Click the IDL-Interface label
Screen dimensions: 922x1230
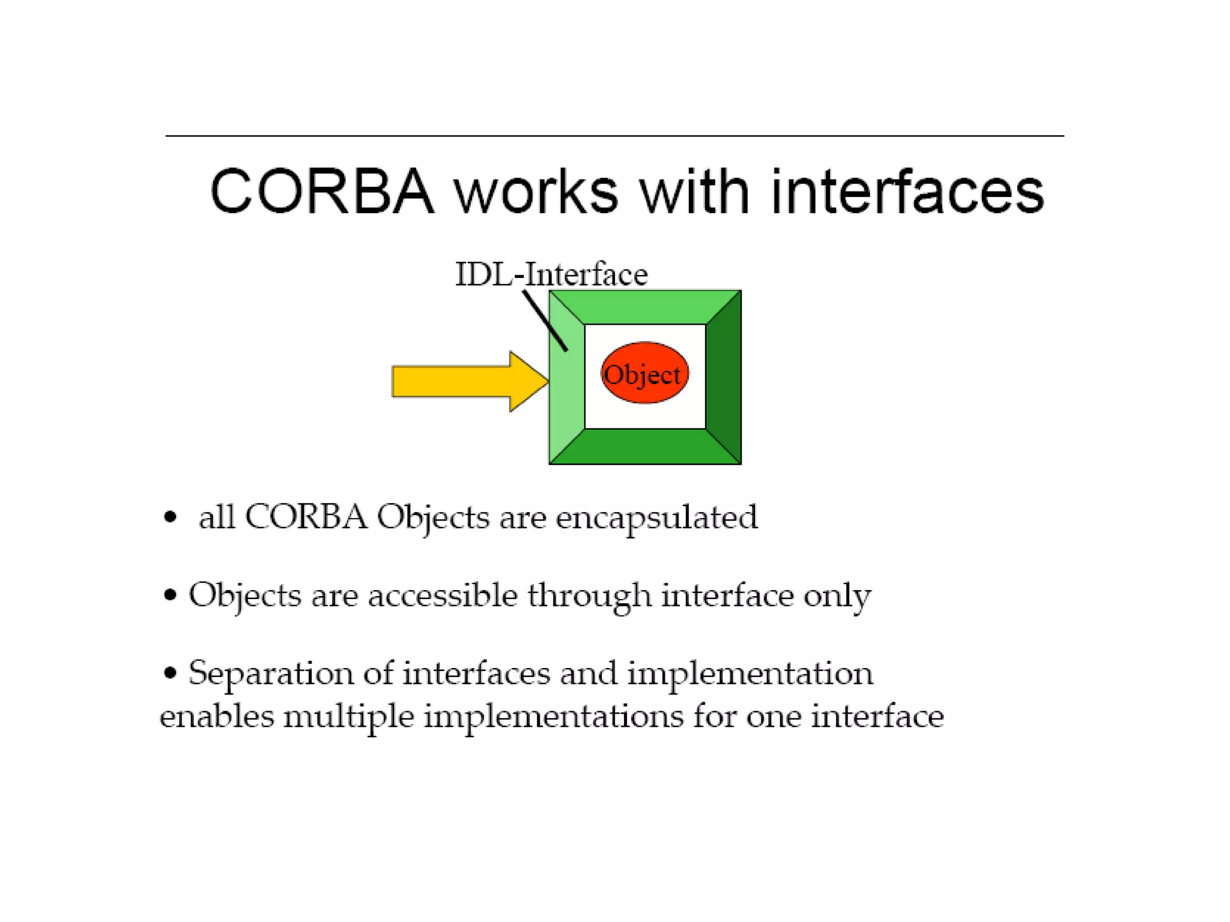(x=551, y=275)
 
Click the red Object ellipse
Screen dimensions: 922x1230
(x=644, y=373)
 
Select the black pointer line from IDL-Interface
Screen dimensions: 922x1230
(x=544, y=320)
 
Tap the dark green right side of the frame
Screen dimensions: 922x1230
(x=724, y=377)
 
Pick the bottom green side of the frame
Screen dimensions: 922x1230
(x=645, y=447)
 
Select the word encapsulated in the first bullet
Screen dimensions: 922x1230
(x=656, y=518)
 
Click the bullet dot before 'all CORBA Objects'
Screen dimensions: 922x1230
(x=171, y=517)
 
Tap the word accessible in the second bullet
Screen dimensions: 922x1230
(x=443, y=596)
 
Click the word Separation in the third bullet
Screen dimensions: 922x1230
(x=270, y=673)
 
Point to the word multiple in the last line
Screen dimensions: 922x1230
(x=348, y=717)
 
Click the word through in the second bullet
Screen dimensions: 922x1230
(x=590, y=596)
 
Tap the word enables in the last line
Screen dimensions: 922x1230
(x=217, y=717)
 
